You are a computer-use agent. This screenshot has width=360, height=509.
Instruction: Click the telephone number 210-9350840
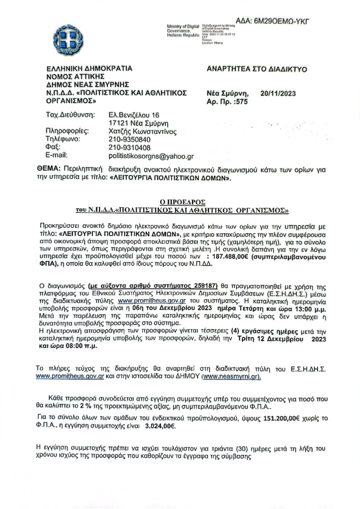tap(129, 140)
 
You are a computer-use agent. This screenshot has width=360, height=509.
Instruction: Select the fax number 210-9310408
tap(129, 148)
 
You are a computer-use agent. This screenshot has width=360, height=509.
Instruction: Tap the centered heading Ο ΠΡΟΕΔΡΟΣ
tap(182, 201)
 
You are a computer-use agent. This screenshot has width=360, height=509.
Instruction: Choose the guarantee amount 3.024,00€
tap(160, 426)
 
